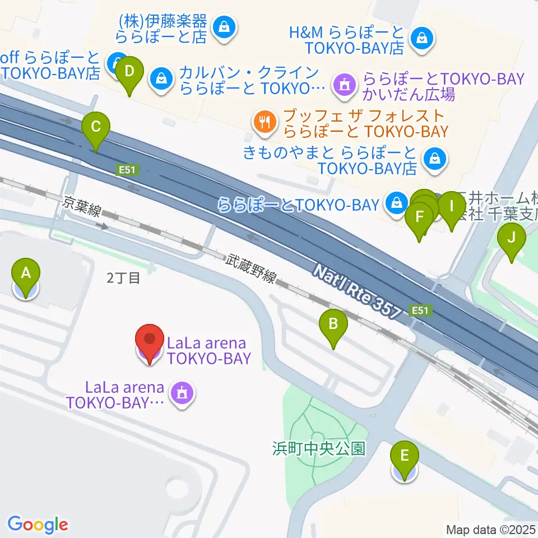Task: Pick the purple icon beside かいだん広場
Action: click(x=342, y=85)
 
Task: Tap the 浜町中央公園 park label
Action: click(x=319, y=448)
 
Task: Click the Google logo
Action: click(x=38, y=525)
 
